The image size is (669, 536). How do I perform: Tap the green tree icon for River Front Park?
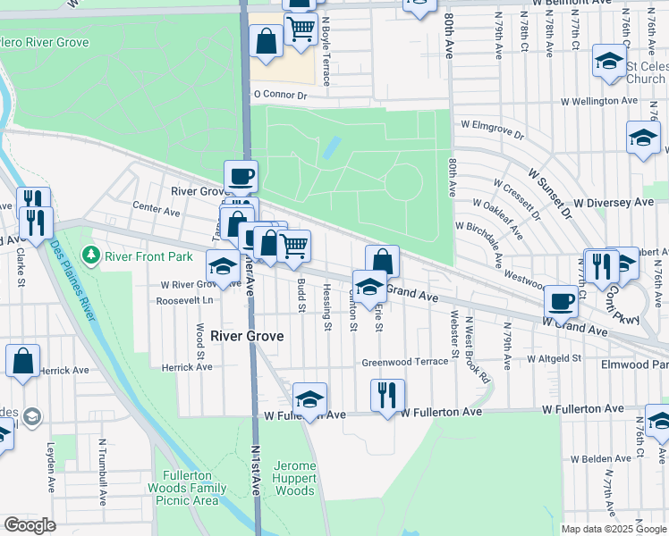pos(90,256)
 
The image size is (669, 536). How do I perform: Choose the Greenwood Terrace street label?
pos(404,363)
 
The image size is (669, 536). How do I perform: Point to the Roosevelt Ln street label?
pos(184,300)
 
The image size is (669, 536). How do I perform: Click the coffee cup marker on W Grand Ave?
pos(561,301)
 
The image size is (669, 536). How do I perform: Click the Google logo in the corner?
pos(30,525)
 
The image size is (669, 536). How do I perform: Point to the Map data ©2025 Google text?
pos(613,529)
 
